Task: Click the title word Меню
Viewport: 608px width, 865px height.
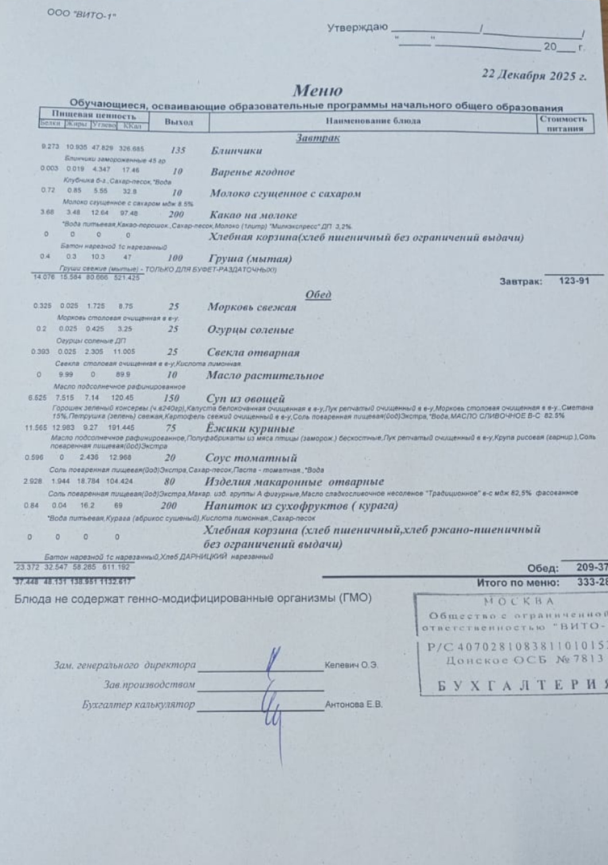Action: click(317, 91)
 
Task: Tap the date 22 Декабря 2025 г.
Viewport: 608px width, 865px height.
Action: click(534, 75)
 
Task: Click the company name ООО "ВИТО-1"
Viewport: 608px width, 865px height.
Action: click(82, 13)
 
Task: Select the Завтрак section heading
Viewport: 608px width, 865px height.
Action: click(318, 138)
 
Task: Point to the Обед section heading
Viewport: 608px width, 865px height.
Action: click(318, 294)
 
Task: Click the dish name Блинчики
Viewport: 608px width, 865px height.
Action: click(236, 151)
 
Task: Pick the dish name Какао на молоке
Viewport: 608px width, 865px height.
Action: click(253, 215)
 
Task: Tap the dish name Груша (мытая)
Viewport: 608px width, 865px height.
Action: click(251, 259)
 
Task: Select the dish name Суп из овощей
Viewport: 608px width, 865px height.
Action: click(245, 398)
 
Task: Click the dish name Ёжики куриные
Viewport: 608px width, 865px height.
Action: click(250, 428)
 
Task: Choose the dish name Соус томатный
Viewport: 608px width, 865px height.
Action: click(251, 458)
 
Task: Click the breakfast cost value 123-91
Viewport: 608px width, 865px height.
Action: click(574, 281)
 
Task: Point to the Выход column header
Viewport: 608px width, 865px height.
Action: click(179, 122)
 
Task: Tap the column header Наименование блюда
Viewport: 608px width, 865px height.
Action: click(373, 121)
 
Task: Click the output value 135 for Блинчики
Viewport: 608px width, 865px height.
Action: click(178, 150)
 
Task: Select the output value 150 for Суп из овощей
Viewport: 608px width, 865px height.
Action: click(171, 398)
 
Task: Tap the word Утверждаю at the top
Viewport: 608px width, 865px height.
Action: click(357, 28)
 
